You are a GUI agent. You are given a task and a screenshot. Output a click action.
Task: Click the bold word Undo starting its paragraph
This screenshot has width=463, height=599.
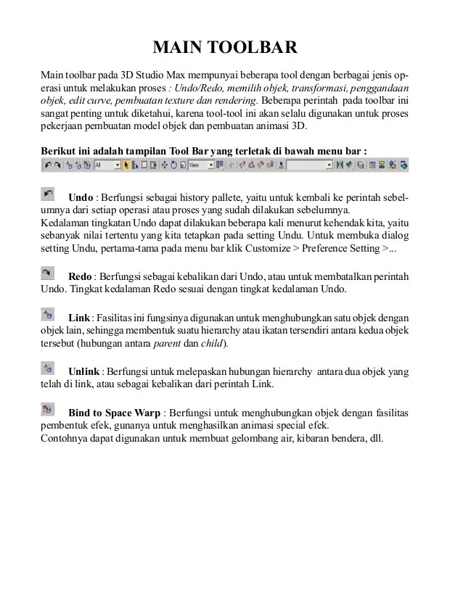[x=80, y=198]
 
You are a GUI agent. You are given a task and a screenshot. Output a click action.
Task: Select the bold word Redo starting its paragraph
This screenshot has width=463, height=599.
[x=80, y=277]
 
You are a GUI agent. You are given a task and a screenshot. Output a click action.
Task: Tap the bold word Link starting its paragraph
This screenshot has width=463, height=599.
[x=78, y=318]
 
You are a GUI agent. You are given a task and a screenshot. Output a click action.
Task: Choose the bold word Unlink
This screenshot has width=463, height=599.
[x=83, y=371]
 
